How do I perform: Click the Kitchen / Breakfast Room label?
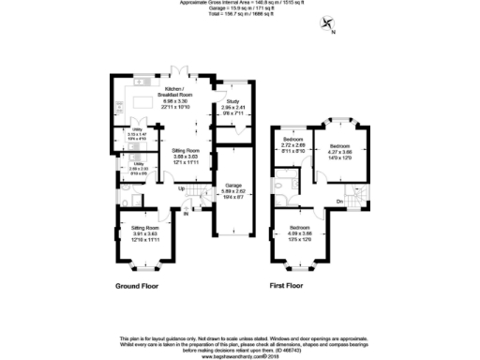pyautogui.click(x=177, y=88)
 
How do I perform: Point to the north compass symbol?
pyautogui.click(x=327, y=25)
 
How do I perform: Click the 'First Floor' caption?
pyautogui.click(x=290, y=284)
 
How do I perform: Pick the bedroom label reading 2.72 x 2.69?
pyautogui.click(x=293, y=146)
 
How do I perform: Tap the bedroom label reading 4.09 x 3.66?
pyautogui.click(x=300, y=235)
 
